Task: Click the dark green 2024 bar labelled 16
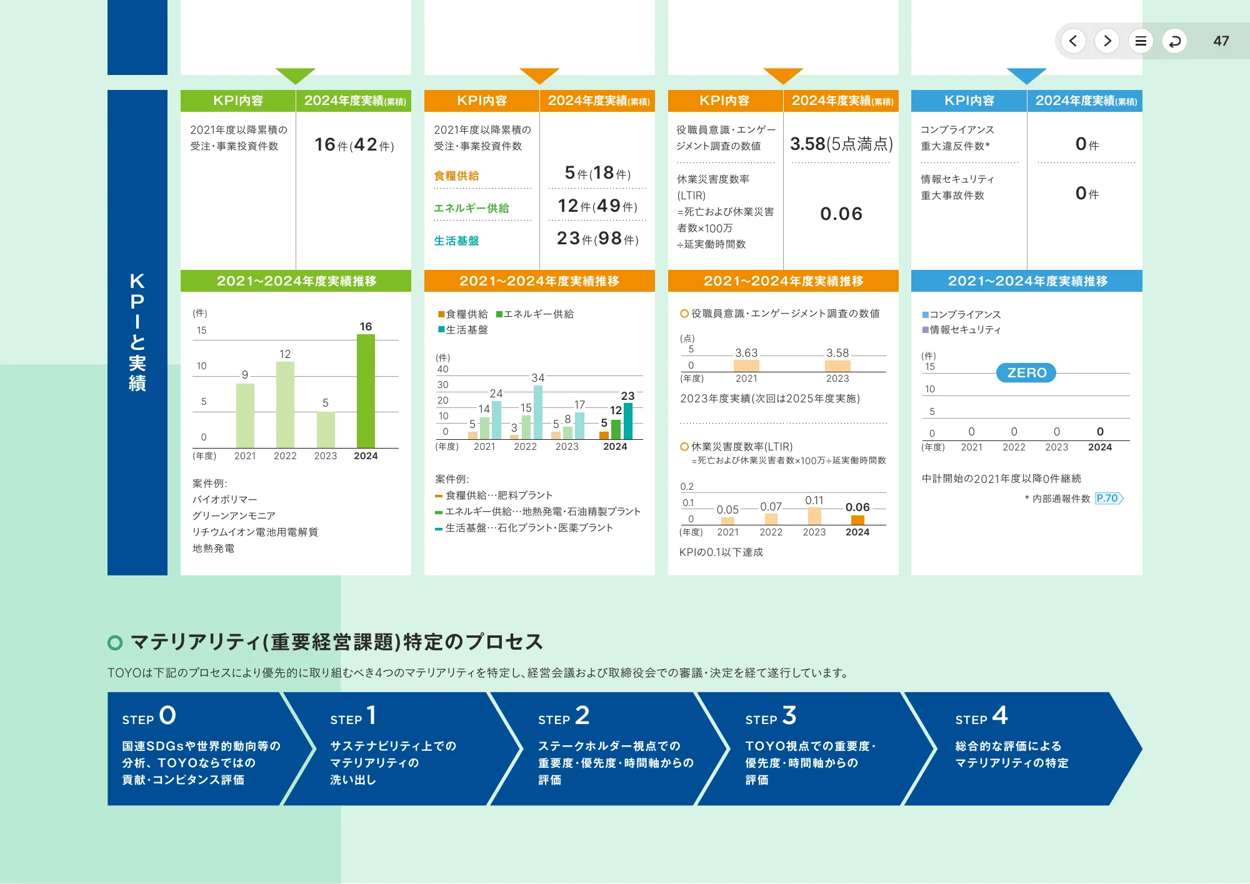pyautogui.click(x=366, y=391)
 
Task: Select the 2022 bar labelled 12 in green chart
pyautogui.click(x=285, y=405)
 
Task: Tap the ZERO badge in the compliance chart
pyautogui.click(x=1026, y=373)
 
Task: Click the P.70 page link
pyautogui.click(x=1108, y=499)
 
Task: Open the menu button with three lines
pyautogui.click(x=1141, y=41)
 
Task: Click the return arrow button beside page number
pyautogui.click(x=1174, y=41)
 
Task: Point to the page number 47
pyautogui.click(x=1221, y=41)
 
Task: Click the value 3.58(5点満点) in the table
pyautogui.click(x=841, y=144)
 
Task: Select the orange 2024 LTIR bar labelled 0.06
pyautogui.click(x=857, y=520)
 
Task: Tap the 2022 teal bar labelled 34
pyautogui.click(x=538, y=412)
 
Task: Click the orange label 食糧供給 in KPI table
pyautogui.click(x=456, y=176)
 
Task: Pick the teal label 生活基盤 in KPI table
pyautogui.click(x=456, y=241)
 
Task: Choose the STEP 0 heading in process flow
pyautogui.click(x=149, y=716)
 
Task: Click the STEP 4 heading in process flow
pyautogui.click(x=981, y=716)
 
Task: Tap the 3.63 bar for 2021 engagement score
pyautogui.click(x=746, y=365)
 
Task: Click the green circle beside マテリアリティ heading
pyautogui.click(x=115, y=642)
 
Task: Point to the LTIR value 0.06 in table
pyautogui.click(x=841, y=214)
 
